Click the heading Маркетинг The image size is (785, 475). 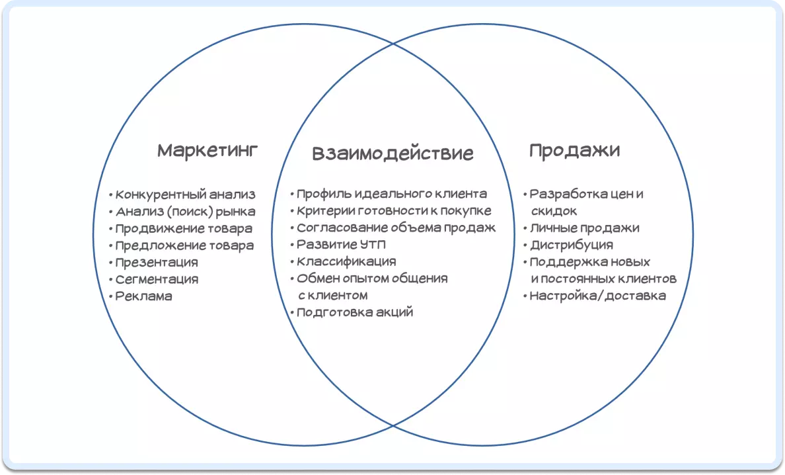coord(207,151)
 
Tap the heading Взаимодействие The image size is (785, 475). coord(392,153)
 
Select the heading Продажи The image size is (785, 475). coord(575,150)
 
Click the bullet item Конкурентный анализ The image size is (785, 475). coord(185,194)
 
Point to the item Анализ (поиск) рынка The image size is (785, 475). coord(185,212)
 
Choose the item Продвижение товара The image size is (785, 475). coord(184,229)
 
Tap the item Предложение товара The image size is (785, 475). coord(184,246)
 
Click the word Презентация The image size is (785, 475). coord(157,263)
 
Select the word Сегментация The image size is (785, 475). coord(157,280)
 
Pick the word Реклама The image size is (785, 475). coord(143,296)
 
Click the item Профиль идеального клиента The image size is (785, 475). coord(391,194)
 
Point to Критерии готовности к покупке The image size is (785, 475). coord(394,211)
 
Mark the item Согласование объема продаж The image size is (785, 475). coord(396,228)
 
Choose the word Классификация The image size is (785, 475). coord(346,261)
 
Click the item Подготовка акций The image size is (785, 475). coord(355,313)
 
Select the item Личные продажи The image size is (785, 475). coord(585,228)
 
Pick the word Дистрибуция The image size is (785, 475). coord(572,245)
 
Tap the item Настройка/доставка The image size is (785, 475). coord(598,296)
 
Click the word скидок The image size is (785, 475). coord(554,212)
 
